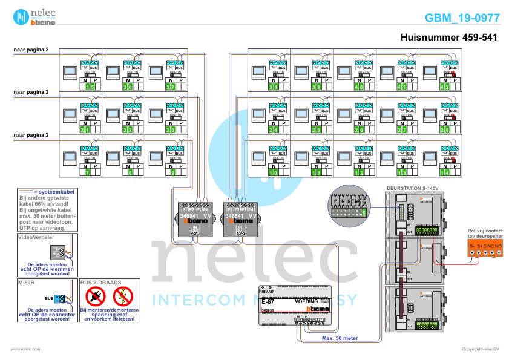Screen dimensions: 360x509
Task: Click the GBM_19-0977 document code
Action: click(x=462, y=18)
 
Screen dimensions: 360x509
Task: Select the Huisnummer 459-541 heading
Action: click(x=449, y=38)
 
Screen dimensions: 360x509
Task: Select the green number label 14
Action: click(x=445, y=173)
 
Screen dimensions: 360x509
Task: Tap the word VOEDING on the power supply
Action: click(x=306, y=301)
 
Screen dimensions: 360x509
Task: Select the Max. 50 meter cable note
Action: click(x=339, y=339)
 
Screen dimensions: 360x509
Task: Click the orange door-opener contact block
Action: click(x=485, y=247)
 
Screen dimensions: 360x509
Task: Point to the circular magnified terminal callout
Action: click(x=347, y=205)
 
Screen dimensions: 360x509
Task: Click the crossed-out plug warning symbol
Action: click(x=96, y=296)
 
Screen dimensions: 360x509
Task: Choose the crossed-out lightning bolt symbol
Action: click(x=123, y=296)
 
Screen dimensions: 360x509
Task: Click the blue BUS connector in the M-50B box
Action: click(x=60, y=298)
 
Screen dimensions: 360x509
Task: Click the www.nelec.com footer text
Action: click(x=25, y=349)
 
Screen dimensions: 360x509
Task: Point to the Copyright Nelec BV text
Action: click(x=480, y=349)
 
